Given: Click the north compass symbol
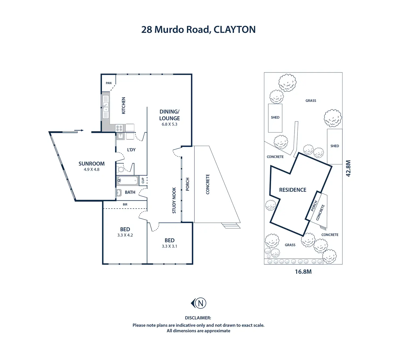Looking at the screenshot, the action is (199, 303).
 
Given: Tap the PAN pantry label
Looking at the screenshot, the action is (109, 83).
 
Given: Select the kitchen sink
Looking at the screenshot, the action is (106, 107).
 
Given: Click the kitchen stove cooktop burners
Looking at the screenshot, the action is (119, 128).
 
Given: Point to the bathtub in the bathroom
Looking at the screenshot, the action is (127, 180).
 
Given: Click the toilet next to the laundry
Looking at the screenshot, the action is (121, 169).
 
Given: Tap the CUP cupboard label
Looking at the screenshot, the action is (143, 181).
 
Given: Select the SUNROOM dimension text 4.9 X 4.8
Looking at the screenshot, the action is (91, 169).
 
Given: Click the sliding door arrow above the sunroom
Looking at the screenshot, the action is (79, 130).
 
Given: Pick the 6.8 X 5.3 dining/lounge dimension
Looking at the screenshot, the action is (169, 124).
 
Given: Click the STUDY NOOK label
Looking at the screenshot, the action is (174, 200).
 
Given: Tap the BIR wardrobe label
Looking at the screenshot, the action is (125, 205).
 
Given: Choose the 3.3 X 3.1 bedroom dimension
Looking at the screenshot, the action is (169, 246).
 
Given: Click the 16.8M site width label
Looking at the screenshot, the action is (303, 272).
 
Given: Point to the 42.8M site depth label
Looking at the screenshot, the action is (348, 168).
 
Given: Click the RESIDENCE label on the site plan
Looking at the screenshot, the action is (293, 190).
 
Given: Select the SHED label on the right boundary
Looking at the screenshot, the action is (335, 146).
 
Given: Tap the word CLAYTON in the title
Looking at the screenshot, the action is (234, 30).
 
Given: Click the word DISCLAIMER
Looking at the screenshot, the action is (198, 318).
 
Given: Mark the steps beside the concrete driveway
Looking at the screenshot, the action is (231, 226).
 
